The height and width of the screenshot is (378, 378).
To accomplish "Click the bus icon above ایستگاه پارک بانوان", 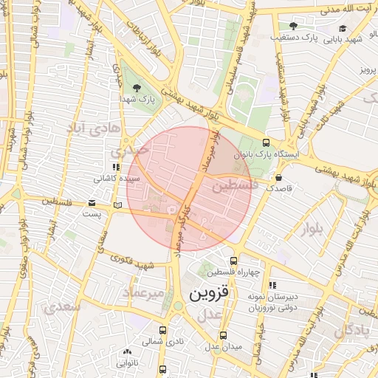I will click(x=266, y=145).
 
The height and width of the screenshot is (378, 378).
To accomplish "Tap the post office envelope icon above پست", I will click(x=92, y=203).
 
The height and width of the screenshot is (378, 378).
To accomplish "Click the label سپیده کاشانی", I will click(x=113, y=179).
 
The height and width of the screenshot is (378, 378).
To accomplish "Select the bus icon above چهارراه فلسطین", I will click(x=234, y=261).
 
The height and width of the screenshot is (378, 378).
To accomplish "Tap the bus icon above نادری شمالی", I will click(x=162, y=331).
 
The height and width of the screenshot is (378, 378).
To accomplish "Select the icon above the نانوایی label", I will click(x=127, y=352).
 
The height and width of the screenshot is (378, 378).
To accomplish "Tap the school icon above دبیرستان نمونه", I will click(x=272, y=285).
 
